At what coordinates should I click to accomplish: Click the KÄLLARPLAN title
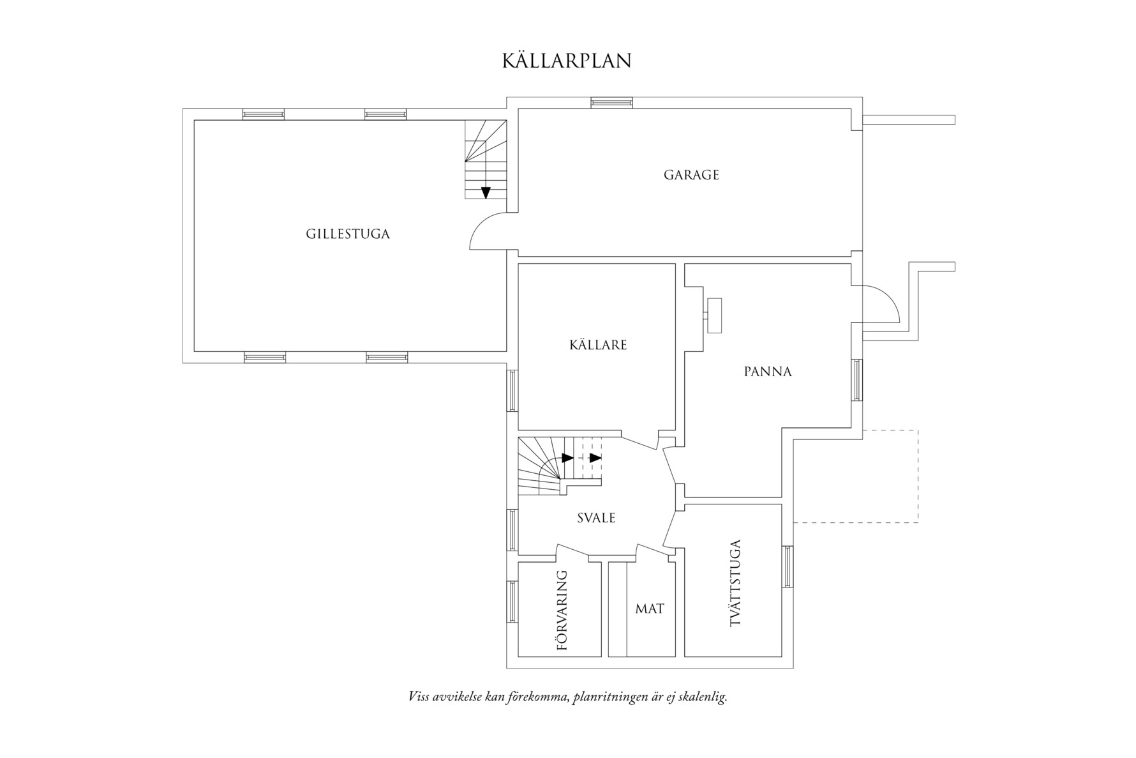[567, 61]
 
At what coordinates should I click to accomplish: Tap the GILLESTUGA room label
[347, 234]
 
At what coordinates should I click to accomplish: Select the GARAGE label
[691, 175]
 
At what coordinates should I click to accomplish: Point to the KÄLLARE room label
[598, 345]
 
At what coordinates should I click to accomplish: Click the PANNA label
[767, 372]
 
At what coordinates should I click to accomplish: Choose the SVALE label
[596, 518]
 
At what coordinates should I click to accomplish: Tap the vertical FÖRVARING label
[562, 610]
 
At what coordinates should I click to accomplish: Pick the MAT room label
[649, 609]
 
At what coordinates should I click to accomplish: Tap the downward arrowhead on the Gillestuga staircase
[486, 192]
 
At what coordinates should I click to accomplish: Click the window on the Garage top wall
[611, 102]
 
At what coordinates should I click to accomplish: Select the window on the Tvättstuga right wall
[787, 566]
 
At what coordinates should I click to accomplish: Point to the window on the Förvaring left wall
[512, 602]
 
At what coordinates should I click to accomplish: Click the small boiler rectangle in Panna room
[714, 315]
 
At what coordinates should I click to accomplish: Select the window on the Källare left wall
[512, 390]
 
